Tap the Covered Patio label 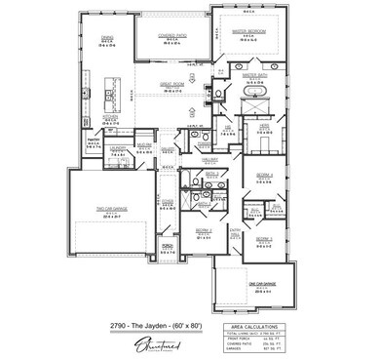[173, 32]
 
